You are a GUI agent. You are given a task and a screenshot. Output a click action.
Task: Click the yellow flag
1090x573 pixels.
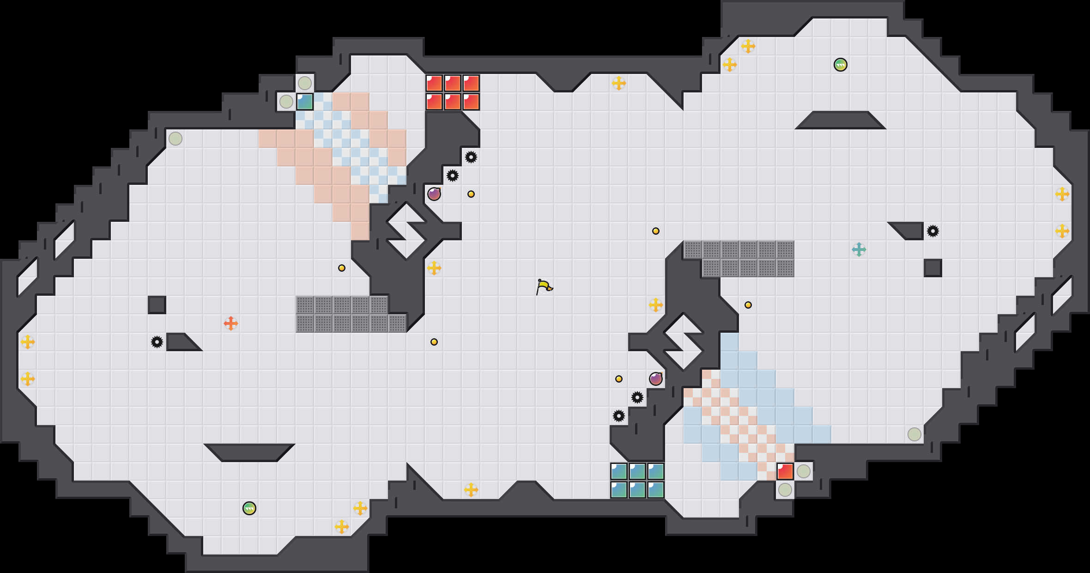coord(544,286)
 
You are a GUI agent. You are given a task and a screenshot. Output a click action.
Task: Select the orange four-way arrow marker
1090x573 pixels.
coord(231,323)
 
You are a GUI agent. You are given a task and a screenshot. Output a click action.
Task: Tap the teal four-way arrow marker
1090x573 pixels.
coord(859,250)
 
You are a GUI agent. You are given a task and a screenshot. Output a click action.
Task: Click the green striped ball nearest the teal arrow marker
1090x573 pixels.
coord(841,65)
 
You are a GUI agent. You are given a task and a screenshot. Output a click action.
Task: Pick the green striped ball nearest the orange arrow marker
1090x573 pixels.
coord(249,508)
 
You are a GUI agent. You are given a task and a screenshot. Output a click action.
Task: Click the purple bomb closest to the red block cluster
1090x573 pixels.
coord(434,194)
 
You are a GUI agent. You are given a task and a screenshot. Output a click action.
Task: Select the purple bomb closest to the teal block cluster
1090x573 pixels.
coord(656,379)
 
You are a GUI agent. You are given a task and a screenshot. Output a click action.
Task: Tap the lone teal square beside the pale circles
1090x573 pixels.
coord(305,102)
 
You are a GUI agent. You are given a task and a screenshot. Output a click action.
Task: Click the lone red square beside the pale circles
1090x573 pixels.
coord(785,471)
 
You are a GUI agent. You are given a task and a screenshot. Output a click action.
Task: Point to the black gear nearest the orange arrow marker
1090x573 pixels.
coord(157,342)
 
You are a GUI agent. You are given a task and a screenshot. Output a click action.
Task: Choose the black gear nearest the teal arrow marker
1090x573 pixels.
coord(933,231)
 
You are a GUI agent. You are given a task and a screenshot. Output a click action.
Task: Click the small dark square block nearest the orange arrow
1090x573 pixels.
coord(157,305)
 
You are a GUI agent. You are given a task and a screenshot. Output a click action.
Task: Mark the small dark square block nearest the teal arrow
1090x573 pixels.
coord(933,268)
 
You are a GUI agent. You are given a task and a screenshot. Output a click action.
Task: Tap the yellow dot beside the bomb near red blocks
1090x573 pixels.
coord(471,194)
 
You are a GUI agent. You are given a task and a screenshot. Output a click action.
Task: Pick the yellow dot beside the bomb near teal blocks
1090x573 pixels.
coord(619,379)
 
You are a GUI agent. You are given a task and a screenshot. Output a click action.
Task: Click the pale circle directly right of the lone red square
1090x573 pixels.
coord(804,471)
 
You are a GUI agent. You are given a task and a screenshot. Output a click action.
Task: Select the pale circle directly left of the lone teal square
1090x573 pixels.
coord(286,102)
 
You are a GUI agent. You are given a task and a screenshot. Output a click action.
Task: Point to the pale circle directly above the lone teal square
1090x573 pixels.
coord(305,83)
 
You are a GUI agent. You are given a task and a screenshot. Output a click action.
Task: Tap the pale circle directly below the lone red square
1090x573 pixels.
coord(785,490)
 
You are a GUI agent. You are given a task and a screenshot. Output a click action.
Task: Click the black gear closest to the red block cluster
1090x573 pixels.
coord(471,157)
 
